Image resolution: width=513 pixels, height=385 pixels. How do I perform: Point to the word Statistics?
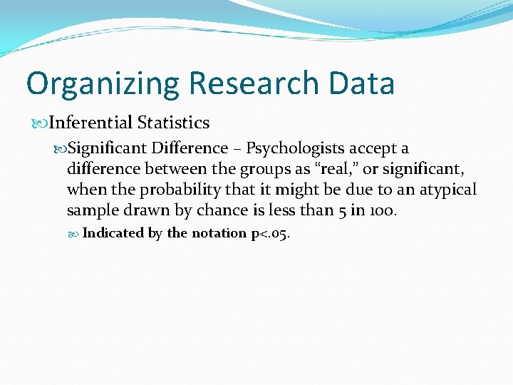tap(174, 123)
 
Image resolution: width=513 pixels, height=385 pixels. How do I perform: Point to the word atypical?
tap(446, 190)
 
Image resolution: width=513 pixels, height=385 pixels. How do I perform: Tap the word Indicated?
tap(113, 233)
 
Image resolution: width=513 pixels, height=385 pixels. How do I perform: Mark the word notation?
tap(219, 234)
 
